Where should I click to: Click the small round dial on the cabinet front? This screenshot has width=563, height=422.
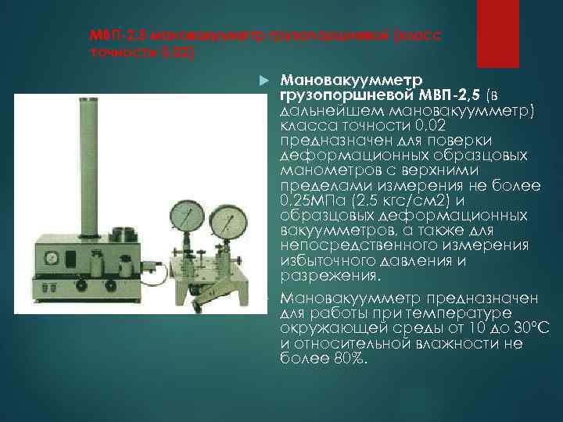click(x=51, y=256)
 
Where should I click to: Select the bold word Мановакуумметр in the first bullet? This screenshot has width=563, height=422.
click(x=350, y=80)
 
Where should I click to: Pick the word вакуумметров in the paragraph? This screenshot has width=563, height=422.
click(x=329, y=232)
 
